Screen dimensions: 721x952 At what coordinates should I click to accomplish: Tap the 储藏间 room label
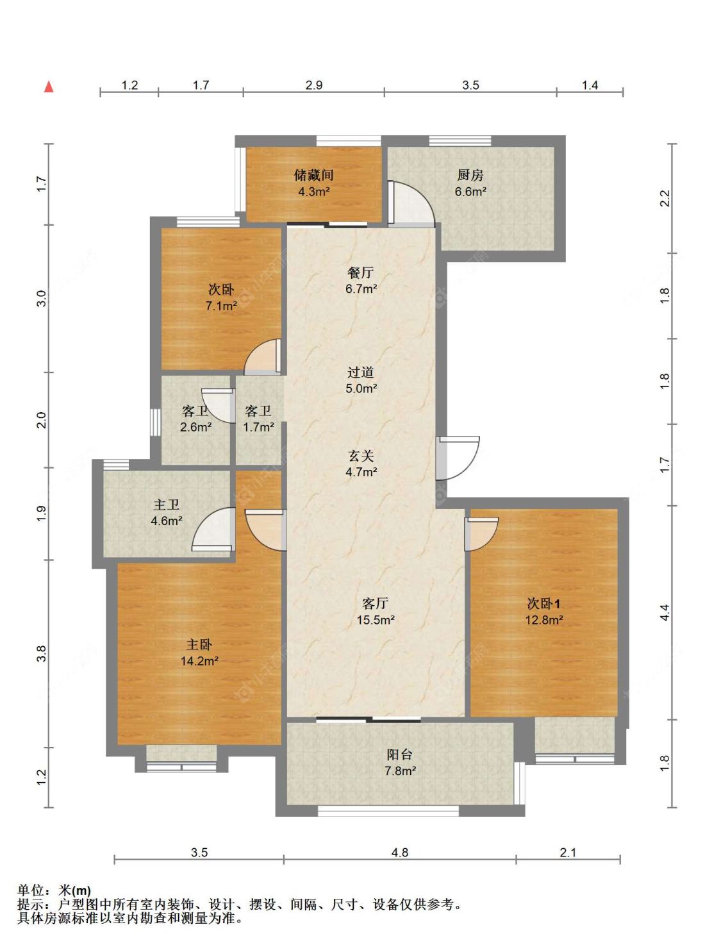[313, 175]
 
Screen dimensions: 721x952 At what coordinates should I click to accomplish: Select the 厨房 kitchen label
[470, 175]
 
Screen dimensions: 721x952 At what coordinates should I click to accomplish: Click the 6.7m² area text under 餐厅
[361, 288]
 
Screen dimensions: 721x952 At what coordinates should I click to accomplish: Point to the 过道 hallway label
[361, 372]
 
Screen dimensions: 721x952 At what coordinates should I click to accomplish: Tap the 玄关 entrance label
[361, 455]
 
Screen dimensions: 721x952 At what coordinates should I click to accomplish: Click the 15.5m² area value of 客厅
[376, 620]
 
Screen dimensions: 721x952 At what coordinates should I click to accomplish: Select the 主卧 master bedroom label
[199, 644]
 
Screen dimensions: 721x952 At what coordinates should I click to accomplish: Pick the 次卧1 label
[543, 603]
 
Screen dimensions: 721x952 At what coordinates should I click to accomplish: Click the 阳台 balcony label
[399, 755]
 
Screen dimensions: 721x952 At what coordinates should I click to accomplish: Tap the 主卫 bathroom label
[166, 505]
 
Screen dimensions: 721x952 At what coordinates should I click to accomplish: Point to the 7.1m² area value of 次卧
[221, 306]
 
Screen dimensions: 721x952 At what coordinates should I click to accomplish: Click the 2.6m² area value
[195, 427]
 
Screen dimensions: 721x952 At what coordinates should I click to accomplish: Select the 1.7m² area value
[258, 427]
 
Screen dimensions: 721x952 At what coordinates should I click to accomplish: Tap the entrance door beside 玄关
[458, 458]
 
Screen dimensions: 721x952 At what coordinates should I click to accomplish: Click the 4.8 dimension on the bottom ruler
[399, 852]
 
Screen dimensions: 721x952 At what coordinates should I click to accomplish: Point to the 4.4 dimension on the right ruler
[665, 612]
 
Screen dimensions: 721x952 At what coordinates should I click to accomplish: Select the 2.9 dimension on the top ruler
[313, 85]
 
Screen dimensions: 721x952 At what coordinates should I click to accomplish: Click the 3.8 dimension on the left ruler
[41, 654]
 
